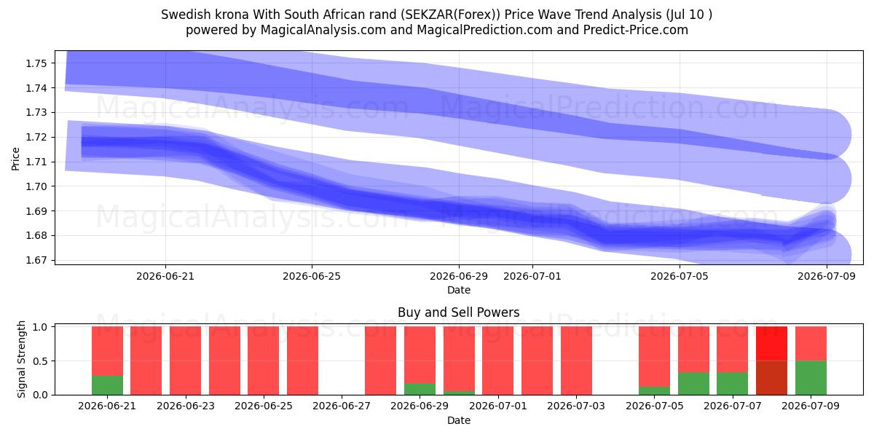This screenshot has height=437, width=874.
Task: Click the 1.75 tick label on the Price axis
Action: [x=36, y=63]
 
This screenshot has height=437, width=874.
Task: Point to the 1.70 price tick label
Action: [x=36, y=186]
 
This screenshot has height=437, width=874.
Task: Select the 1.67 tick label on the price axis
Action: [x=36, y=260]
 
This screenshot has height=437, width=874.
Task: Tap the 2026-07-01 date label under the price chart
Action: [x=532, y=276]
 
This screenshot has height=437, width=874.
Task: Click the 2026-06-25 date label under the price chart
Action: [x=312, y=276]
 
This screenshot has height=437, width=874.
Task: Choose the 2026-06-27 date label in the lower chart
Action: [x=342, y=406]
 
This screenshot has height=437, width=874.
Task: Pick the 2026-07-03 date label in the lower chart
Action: [x=576, y=406]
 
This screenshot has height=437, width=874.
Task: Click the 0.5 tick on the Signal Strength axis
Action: [x=39, y=361]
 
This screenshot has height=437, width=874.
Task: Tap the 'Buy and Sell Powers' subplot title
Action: [x=458, y=312]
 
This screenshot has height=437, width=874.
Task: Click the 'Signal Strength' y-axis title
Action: [x=21, y=359]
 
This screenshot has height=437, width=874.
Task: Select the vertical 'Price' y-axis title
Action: [x=15, y=159]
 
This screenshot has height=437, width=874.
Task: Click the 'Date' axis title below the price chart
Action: [x=458, y=290]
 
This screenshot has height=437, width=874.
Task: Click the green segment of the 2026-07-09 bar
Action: [x=811, y=378]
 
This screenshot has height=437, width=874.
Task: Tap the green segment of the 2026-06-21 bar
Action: [x=107, y=385]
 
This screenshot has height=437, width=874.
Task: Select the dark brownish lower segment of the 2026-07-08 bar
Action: [x=771, y=378]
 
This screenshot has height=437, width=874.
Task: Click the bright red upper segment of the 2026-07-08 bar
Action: [x=771, y=344]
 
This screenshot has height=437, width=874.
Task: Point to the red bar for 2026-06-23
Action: [x=185, y=361]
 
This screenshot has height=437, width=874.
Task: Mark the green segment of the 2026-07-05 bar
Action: [x=654, y=390]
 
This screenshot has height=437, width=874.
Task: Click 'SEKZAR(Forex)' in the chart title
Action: [x=450, y=15]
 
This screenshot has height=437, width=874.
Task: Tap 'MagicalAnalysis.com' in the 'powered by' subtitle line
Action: [x=323, y=30]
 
